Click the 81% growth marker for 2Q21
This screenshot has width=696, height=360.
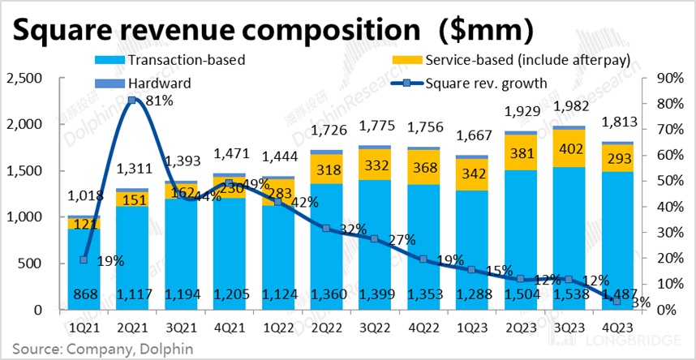tap(132, 101)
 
